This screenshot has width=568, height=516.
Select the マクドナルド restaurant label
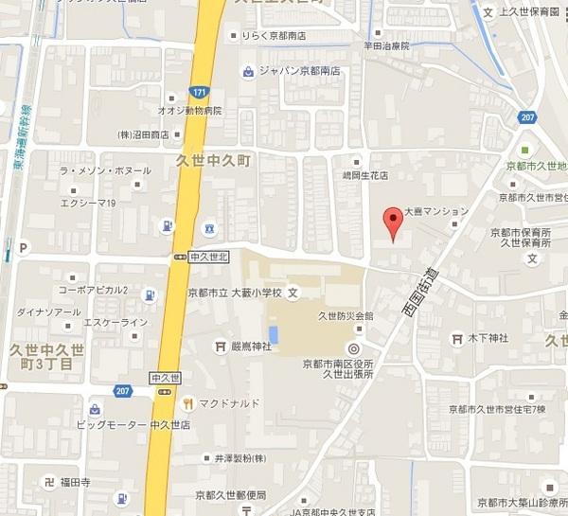[x=228, y=403]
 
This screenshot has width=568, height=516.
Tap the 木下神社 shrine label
[x=488, y=338]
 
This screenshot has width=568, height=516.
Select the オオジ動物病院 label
[x=189, y=110]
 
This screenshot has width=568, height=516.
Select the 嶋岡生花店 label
[x=364, y=176]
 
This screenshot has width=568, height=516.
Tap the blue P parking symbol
[x=20, y=248]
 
